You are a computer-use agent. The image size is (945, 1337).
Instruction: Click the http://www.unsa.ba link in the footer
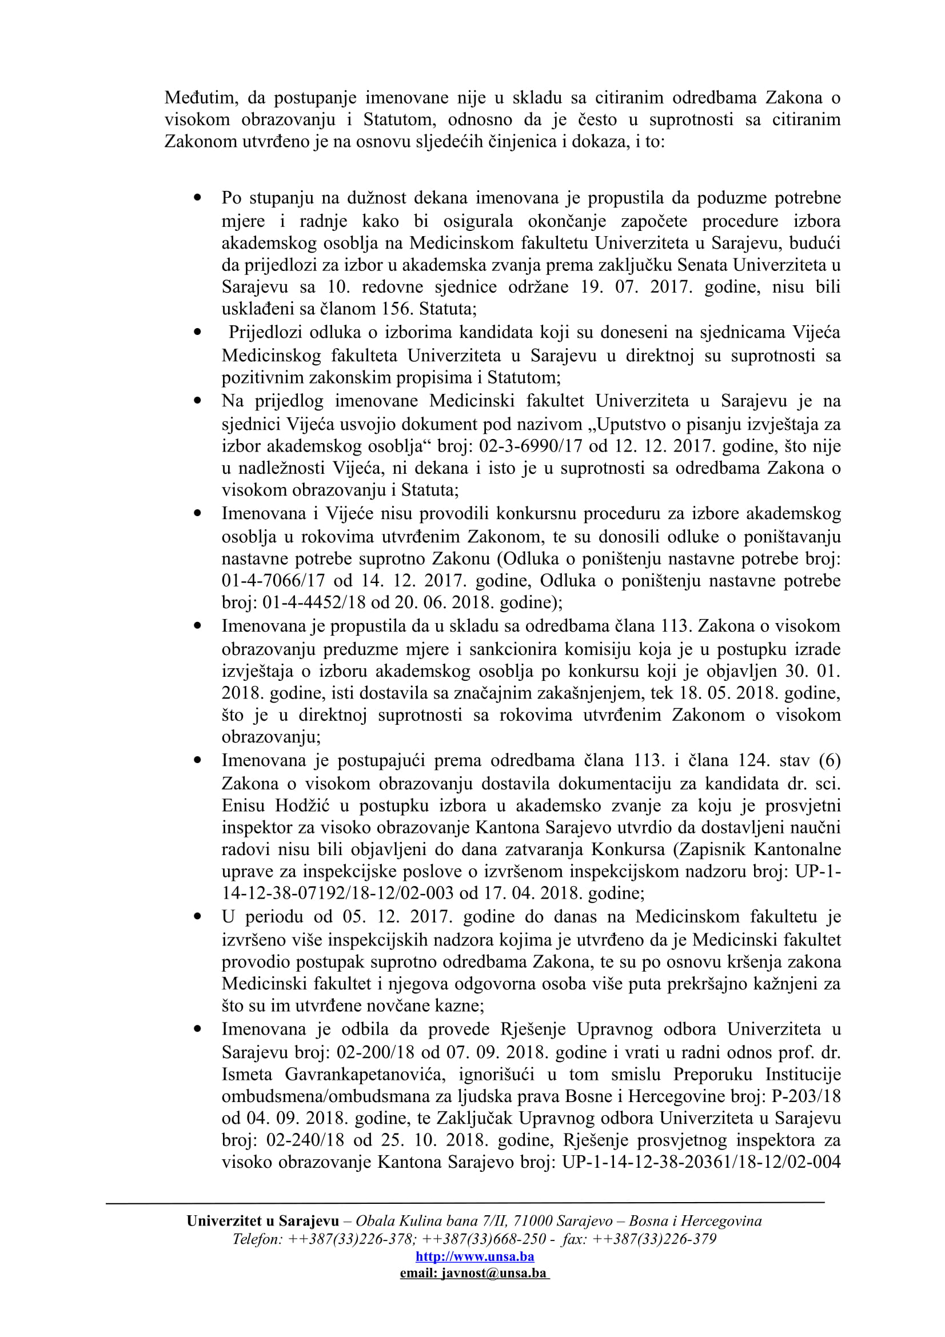(475, 1256)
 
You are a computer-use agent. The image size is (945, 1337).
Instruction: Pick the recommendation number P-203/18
(806, 1096)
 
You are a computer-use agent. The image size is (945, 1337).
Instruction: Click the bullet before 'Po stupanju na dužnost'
(198, 198)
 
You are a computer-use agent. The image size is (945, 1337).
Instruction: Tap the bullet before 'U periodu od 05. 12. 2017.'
(198, 916)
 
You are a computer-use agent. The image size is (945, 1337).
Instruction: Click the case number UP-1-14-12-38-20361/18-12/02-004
(700, 1162)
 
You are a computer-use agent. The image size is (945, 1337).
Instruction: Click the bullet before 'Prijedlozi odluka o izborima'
(198, 333)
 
